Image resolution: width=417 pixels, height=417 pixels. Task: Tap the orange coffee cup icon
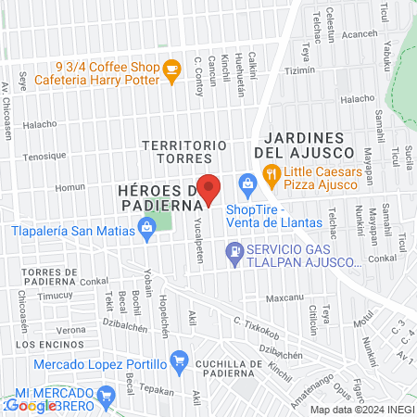(171, 71)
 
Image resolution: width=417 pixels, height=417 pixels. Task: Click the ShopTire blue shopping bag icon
(247, 184)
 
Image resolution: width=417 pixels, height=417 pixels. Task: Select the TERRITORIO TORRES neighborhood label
(184, 153)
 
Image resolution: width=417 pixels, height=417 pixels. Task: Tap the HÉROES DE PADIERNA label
(161, 196)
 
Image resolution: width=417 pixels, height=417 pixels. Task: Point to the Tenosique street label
(44, 157)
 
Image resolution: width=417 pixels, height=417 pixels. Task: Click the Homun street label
(69, 186)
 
